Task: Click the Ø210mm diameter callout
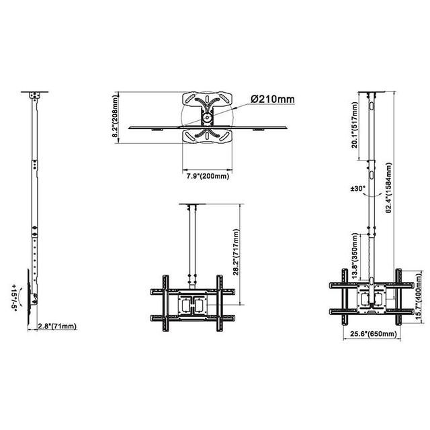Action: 272,99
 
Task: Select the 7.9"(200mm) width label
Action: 208,176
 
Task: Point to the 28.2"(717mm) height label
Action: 236,252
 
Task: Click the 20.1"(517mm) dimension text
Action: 355,125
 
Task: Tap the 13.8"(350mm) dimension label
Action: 355,256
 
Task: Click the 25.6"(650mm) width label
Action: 374,334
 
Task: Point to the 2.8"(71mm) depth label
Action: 57,326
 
